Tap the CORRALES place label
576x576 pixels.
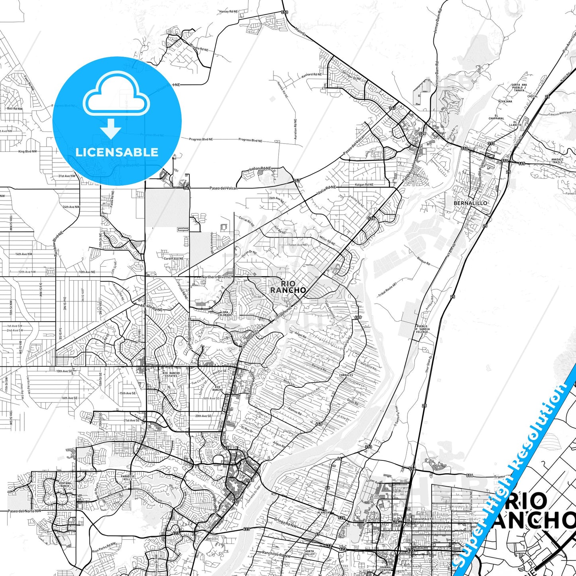pos(346,375)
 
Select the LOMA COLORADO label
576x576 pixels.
pos(224,313)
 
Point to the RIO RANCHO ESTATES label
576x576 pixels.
pos(171,374)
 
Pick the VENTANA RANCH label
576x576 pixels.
pos(65,484)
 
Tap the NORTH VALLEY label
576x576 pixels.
pos(310,552)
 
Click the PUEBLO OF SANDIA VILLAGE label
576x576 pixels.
pos(422,329)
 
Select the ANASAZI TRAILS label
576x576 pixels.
pos(557,161)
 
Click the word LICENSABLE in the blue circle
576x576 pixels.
pos(117,152)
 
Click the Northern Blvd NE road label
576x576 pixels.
pos(216,277)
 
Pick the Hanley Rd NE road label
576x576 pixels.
pos(228,12)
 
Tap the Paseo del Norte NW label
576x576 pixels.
pos(24,511)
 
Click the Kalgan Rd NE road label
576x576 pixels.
pos(364,185)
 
